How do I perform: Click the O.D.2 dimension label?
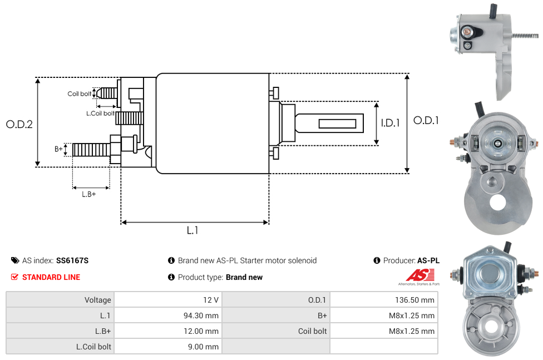19,124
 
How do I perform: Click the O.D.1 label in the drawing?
427,120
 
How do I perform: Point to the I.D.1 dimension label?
390,123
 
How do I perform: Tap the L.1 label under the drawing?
192,230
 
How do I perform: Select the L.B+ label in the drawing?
89,194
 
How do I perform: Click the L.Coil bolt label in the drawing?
100,114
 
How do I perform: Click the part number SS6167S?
72,260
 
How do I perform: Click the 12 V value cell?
211,300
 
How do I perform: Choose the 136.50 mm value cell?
412,300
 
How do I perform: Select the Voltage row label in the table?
98,300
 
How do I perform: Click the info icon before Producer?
377,260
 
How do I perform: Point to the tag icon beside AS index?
15,260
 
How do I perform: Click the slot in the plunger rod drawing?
338,123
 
